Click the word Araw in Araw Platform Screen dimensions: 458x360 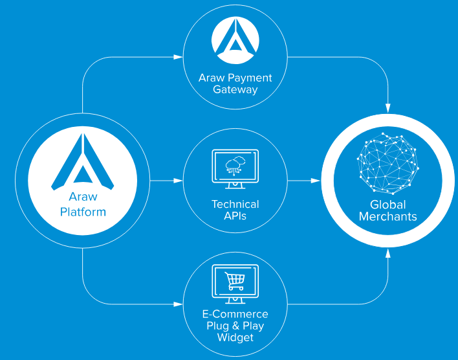pos(83,197)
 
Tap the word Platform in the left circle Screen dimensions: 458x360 pos(83,212)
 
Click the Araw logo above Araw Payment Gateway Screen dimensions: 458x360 pos(235,40)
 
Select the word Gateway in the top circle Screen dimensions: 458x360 pos(235,89)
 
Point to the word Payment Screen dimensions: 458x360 pos(250,78)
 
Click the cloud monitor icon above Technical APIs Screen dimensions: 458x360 pos(235,169)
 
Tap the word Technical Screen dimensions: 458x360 pos(235,204)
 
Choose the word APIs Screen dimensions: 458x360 pos(235,216)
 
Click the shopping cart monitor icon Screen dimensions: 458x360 pos(235,284)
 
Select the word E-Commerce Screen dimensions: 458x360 pos(235,314)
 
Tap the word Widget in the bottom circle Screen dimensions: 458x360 pos(235,337)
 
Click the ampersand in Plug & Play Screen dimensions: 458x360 pos(235,326)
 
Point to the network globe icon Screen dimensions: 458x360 pos(388,163)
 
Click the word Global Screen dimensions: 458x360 pos(388,205)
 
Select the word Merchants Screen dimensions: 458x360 pos(388,217)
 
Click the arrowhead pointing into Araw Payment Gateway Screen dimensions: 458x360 pos(178,57)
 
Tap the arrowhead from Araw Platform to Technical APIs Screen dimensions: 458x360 pos(178,181)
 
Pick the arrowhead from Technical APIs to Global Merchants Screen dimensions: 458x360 pos(316,181)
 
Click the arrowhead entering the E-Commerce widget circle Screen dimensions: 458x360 pos(178,304)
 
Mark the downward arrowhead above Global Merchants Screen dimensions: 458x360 pos(388,108)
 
